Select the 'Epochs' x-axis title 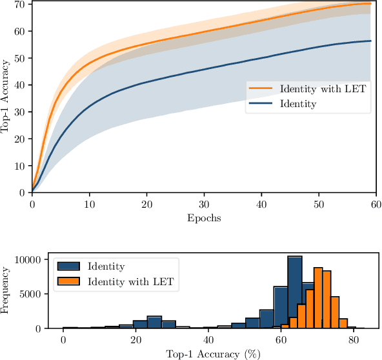tap(203, 218)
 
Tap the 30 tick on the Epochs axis tap(204, 204)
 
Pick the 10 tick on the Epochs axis tap(89, 204)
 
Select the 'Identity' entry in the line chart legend tap(297, 103)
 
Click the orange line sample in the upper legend tap(261, 88)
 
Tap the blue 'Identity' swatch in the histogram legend tap(69, 265)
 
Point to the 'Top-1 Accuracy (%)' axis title tap(203, 354)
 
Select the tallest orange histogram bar tap(318, 298)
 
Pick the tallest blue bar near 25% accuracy tap(154, 322)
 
